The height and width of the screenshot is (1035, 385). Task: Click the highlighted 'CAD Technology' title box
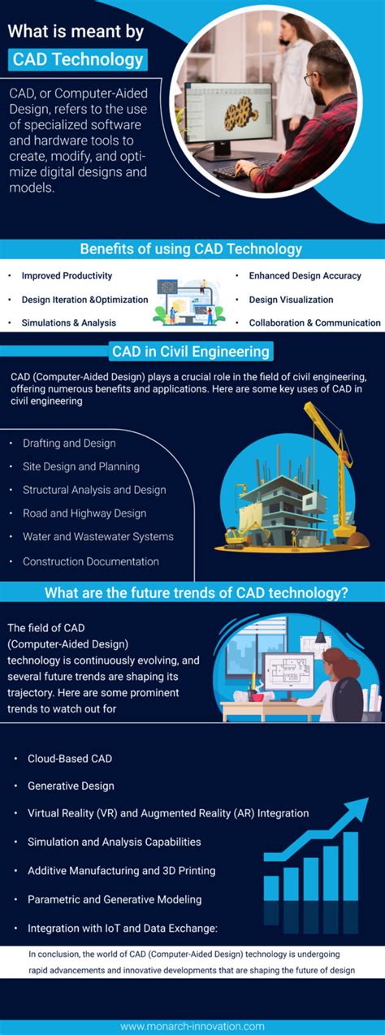point(79,59)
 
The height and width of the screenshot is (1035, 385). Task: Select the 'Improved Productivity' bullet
point(67,276)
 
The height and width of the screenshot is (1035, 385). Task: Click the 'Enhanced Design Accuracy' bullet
point(305,276)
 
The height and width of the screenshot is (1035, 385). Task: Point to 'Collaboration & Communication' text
point(314,323)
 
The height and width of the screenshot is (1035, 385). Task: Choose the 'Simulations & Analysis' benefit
point(68,323)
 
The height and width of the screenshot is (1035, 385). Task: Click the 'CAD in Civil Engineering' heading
point(192,352)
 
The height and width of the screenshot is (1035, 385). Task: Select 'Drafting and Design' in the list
point(69,444)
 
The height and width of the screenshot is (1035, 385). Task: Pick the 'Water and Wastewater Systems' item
point(97,537)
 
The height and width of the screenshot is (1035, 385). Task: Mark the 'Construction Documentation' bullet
point(91,561)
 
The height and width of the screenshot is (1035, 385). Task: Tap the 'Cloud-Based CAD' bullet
point(70,759)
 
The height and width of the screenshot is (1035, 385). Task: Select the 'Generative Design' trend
point(71,786)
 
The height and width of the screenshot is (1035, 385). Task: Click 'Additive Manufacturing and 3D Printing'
point(121,871)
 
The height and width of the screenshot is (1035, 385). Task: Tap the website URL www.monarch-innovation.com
point(192,1020)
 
